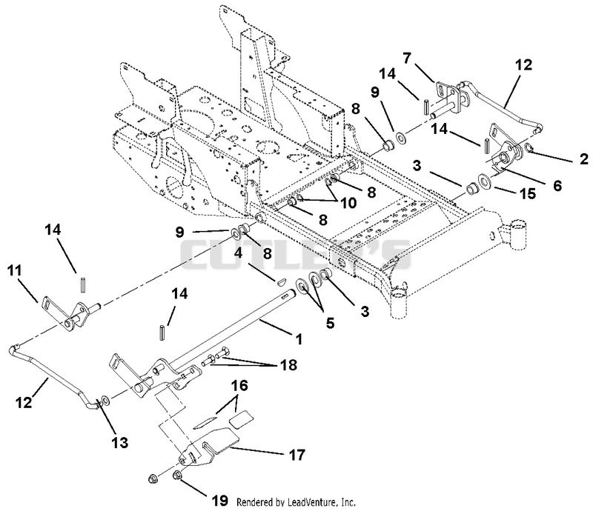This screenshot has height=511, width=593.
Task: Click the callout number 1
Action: [299, 339]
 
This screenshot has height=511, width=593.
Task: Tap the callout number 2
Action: [584, 159]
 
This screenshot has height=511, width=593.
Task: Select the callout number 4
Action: [238, 253]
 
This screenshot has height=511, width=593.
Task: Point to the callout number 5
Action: [330, 323]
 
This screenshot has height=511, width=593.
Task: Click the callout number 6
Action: [557, 186]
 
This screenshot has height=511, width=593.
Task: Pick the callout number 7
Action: [406, 59]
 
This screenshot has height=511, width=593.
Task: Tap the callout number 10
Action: [348, 203]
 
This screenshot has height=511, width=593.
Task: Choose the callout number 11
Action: [14, 270]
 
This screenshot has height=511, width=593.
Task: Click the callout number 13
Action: [120, 442]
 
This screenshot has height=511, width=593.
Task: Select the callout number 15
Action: [528, 193]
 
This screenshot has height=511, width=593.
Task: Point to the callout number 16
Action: [239, 386]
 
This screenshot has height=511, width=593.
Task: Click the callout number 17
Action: [296, 455]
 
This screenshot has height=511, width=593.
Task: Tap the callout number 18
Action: [289, 364]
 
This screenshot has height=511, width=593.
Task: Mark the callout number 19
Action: [220, 501]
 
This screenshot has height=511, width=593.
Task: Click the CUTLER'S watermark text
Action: [295, 254]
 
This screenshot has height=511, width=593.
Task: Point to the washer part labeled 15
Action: [484, 180]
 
